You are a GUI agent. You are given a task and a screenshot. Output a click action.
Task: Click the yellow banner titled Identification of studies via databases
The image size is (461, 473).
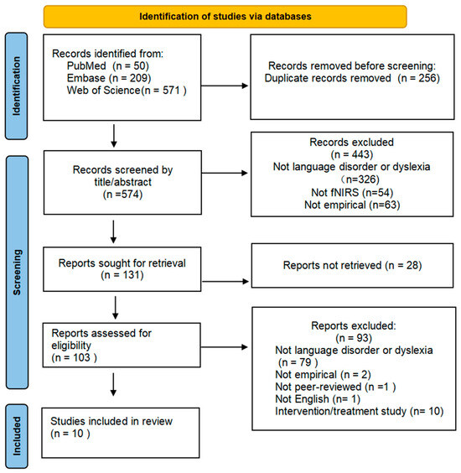pos(225,17)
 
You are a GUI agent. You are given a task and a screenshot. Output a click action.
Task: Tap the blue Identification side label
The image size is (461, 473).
pos(17,86)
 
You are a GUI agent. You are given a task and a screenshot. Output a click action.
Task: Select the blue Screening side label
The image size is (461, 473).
pos(17,272)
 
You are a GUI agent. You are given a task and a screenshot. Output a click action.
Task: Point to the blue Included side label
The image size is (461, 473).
pos(17,436)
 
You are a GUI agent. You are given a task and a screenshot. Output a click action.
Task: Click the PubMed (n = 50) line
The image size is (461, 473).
pos(108,65)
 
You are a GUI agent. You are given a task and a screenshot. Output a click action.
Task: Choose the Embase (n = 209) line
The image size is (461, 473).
pos(109,78)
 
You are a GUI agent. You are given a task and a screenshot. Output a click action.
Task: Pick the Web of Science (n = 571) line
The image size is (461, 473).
pos(127,91)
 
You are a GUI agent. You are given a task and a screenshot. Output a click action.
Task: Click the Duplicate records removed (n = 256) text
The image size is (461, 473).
pos(352,78)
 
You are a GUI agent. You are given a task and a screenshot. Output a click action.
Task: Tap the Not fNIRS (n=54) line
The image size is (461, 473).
pos(352,192)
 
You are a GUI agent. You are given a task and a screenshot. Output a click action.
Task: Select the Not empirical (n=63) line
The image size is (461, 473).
pos(352,205)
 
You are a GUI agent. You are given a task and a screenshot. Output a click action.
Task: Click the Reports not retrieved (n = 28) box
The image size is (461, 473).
pos(353,266)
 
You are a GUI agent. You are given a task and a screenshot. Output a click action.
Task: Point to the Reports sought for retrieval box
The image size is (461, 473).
pos(122,269)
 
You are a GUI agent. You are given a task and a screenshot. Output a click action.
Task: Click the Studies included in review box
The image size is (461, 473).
pos(121,433)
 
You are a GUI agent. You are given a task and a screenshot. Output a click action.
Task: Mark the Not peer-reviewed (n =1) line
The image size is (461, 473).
pos(335,387)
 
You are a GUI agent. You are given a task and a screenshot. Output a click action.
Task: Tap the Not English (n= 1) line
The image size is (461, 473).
pos(318,399)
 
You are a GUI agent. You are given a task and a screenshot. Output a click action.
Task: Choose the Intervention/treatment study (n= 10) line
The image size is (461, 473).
pos(359,412)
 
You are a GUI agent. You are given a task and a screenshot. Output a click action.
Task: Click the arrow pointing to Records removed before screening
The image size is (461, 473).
pos(225,86)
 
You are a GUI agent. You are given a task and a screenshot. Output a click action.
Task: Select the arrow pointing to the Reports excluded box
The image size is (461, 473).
pos(224,347)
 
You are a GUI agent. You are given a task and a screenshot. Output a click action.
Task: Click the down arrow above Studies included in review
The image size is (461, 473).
pos(113,385)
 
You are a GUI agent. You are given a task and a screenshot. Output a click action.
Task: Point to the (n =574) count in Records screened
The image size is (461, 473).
pos(122,195)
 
